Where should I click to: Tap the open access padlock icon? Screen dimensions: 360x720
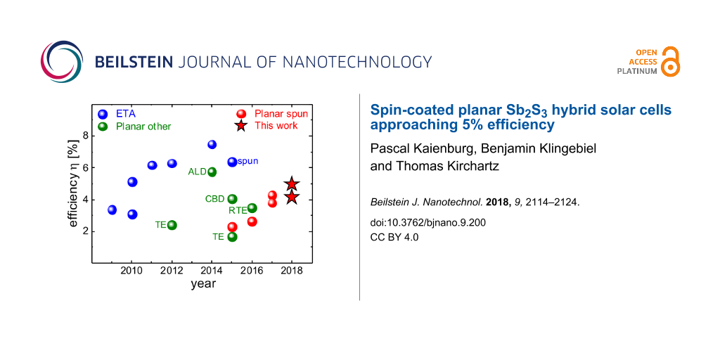[x=671, y=61]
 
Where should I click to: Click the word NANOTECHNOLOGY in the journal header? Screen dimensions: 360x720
[x=356, y=61]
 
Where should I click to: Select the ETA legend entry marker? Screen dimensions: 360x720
[x=103, y=114]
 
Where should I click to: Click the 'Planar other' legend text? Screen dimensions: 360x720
[x=143, y=127]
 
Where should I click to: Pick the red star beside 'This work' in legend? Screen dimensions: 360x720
[x=241, y=126]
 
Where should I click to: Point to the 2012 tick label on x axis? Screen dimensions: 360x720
[x=172, y=271]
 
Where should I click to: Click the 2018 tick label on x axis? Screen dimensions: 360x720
[x=292, y=271]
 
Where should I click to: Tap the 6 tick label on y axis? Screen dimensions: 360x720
[x=86, y=167]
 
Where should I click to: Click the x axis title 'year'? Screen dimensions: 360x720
[x=202, y=285]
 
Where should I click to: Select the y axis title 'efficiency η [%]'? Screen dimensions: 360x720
[x=73, y=185]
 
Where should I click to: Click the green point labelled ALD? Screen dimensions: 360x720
[x=212, y=172]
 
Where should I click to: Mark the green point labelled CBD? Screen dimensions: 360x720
[x=232, y=199]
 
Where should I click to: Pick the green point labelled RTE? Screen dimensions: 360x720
[x=252, y=207]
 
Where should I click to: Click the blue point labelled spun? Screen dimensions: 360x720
[x=232, y=162]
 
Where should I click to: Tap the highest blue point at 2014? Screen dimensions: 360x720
[x=212, y=145]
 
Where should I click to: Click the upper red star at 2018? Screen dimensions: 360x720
[x=292, y=184]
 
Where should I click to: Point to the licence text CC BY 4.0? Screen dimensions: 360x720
[x=394, y=237]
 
